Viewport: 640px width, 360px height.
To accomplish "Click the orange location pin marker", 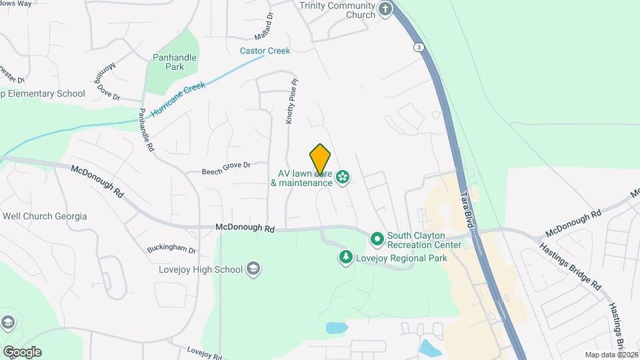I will coord(320,159).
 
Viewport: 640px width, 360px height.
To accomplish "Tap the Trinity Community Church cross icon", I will coord(385,9).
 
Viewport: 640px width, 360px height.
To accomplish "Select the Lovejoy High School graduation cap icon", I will coord(253,269).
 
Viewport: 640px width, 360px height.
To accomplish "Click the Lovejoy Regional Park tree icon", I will coord(345,257).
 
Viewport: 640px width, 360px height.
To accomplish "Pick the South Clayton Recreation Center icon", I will coord(377,238).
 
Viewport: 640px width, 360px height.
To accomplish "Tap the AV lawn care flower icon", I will coord(343,177).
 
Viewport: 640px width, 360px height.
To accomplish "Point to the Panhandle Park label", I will coord(175,62).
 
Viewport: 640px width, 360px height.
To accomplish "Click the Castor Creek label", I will coord(265,51).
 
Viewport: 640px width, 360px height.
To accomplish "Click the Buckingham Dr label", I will coord(171,251).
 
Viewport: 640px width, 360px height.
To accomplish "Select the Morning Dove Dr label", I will coord(111,81).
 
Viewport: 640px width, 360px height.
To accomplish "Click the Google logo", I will coord(22,351).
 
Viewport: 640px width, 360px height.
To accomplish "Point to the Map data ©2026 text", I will coord(611,355).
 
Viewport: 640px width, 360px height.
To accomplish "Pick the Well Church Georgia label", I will coord(45,216).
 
